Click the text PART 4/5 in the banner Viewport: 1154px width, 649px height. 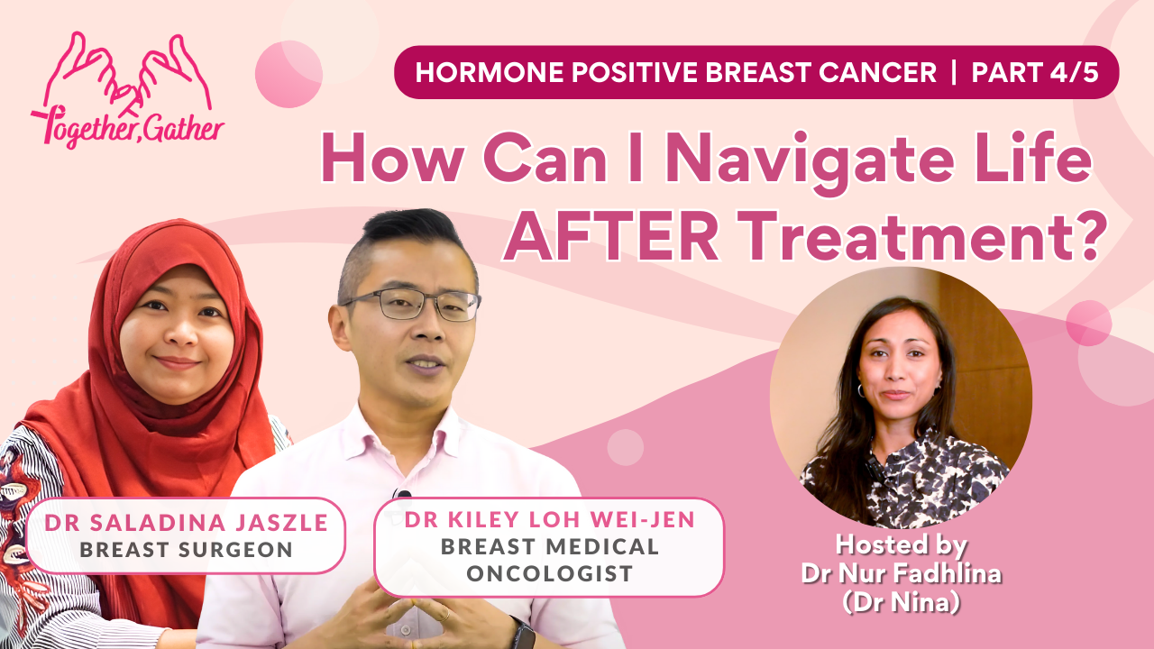click(x=1035, y=72)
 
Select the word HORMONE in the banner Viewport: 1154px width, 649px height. click(x=489, y=72)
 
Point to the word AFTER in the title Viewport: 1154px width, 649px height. click(x=611, y=236)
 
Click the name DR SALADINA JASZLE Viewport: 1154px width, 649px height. click(x=186, y=523)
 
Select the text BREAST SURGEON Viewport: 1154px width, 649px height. click(x=186, y=550)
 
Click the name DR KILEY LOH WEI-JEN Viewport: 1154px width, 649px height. click(x=550, y=520)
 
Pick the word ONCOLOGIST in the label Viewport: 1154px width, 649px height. click(x=550, y=573)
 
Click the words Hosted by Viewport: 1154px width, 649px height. click(x=901, y=544)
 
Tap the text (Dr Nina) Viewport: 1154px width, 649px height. click(x=902, y=601)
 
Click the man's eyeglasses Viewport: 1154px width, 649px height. click(x=412, y=304)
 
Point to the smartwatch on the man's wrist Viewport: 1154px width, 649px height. click(x=521, y=634)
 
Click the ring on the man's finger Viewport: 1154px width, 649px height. click(x=446, y=615)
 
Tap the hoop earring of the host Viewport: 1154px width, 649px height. click(x=861, y=390)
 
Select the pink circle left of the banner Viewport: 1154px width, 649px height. click(x=288, y=74)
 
